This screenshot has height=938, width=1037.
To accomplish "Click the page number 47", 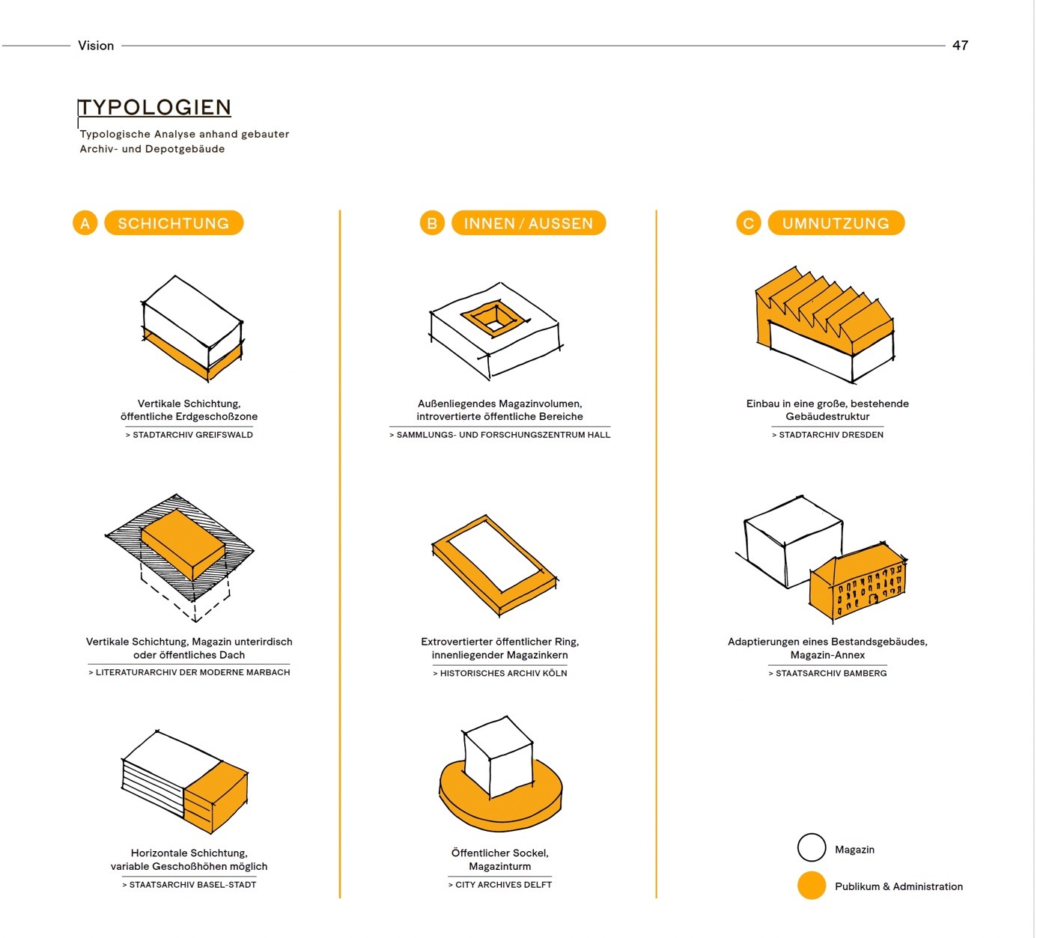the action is pos(960,46).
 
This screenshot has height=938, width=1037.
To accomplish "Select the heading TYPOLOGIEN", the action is pos(154,108).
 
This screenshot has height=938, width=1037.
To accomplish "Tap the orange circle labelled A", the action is pos(85,223).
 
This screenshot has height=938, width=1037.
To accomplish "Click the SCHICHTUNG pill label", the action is pos(174,223).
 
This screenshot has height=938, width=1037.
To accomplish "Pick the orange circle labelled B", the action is pos(432,223).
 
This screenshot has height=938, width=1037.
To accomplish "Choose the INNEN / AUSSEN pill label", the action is pos(529,223).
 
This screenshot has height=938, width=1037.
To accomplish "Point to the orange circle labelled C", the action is pos(749,223).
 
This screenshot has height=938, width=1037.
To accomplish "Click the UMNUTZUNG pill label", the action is pos(836,223).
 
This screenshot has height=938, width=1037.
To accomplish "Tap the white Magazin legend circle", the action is pos(812,847).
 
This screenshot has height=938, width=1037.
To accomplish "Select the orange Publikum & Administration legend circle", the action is pos(812,886).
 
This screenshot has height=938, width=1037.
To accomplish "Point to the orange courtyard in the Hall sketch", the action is pos(495,317).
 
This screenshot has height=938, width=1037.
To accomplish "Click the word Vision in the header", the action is pos(96,46).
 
